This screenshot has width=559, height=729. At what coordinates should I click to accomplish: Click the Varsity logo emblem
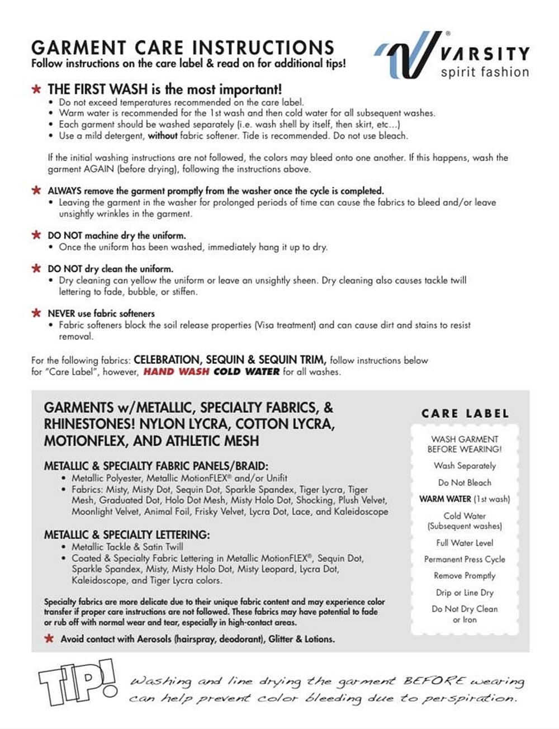click(405, 55)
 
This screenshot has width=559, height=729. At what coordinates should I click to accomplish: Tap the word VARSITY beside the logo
click(484, 54)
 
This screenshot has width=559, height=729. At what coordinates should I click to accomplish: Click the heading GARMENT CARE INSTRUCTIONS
click(182, 47)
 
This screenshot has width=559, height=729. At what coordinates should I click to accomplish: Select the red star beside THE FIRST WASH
click(37, 89)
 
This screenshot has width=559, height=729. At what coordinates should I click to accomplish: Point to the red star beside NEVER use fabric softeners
click(37, 313)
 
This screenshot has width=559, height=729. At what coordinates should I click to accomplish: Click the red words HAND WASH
click(176, 372)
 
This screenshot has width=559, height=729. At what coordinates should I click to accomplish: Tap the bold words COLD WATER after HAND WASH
click(247, 372)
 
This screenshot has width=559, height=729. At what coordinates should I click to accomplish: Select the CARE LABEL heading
click(465, 414)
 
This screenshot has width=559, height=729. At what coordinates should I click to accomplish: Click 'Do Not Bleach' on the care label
click(465, 482)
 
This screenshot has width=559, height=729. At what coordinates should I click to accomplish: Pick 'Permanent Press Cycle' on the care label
click(465, 559)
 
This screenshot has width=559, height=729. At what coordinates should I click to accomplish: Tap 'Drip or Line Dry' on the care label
click(465, 593)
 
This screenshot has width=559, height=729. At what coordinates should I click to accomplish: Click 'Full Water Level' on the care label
click(465, 543)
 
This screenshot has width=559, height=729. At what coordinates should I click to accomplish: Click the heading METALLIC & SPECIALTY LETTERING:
click(127, 535)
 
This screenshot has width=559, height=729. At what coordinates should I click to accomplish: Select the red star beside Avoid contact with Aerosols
click(50, 638)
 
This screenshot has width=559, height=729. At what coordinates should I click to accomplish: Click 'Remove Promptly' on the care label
click(465, 576)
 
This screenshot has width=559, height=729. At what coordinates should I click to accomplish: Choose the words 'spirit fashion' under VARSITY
click(484, 72)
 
